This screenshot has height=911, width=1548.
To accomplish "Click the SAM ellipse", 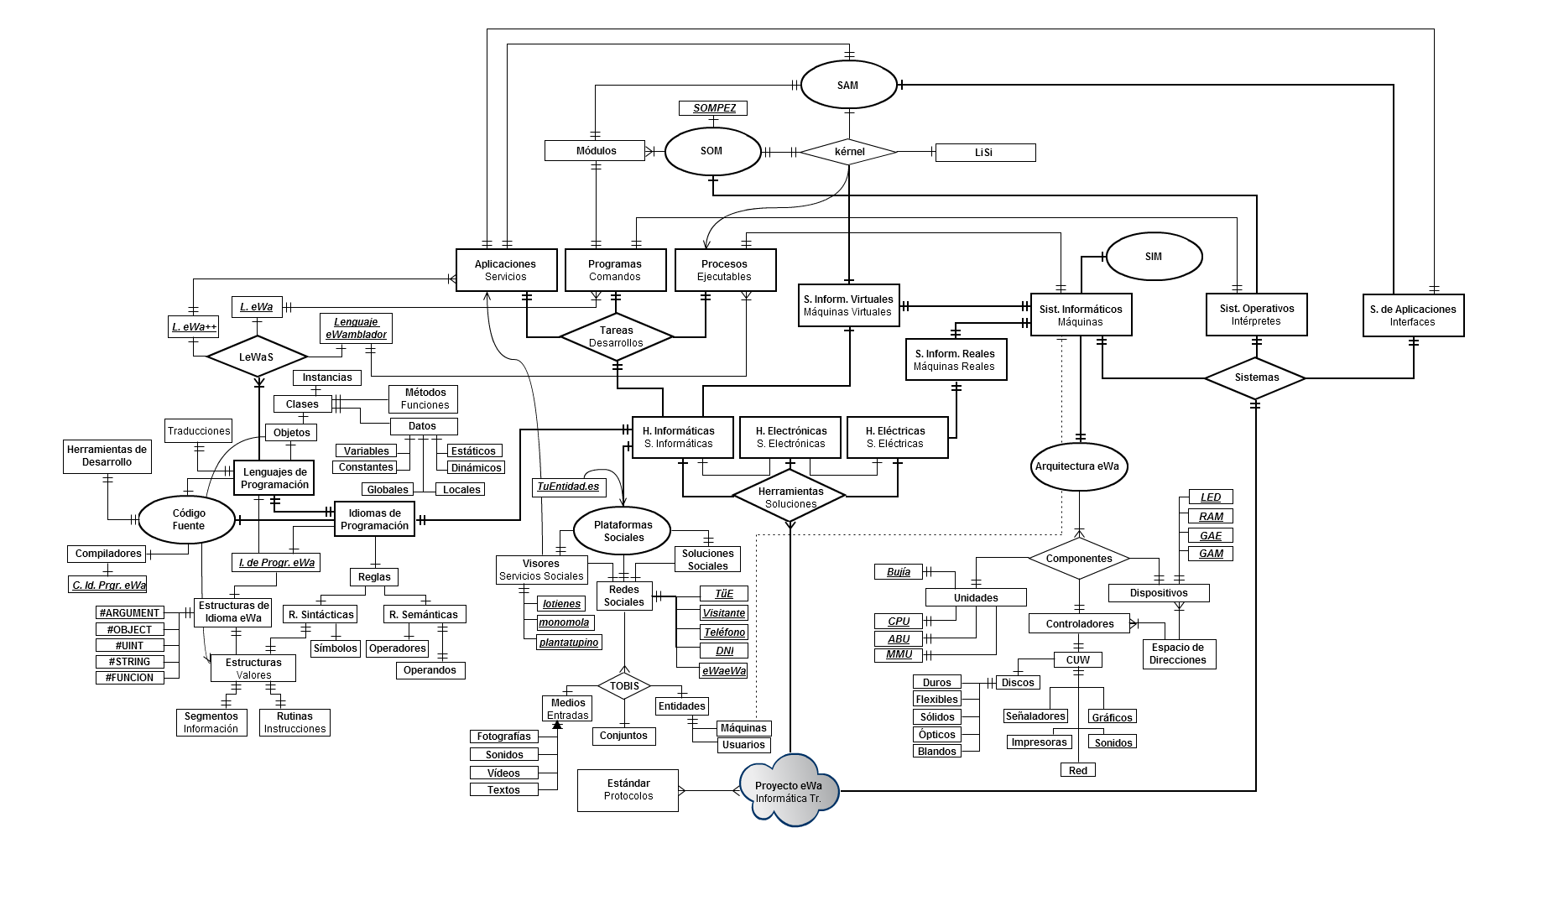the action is tap(847, 85).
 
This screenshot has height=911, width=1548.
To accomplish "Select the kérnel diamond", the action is tap(849, 152).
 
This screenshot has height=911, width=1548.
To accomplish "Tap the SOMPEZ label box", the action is tap(713, 108).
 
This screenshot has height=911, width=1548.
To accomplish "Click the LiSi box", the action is tap(985, 153).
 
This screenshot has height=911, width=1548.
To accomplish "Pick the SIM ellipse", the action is tap(1154, 257).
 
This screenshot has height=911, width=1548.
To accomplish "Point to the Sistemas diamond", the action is tap(1255, 377).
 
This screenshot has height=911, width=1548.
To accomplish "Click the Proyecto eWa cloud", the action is tap(789, 791).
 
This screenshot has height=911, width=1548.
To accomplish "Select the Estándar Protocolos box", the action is tap(628, 790).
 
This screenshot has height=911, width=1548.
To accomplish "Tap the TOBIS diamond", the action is tap(624, 686).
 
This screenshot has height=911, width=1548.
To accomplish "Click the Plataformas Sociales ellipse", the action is tap(623, 531).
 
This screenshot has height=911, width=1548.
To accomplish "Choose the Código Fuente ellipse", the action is tap(188, 519).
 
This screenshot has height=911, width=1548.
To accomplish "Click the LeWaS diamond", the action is tap(257, 357).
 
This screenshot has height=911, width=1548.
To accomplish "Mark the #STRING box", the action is tap(130, 662).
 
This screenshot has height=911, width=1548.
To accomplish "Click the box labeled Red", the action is tap(1078, 770).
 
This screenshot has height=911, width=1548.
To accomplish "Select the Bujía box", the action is tap(899, 572).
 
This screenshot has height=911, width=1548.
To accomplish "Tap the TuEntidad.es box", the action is tap(569, 487).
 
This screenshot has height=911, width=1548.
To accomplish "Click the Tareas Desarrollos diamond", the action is tap(617, 336).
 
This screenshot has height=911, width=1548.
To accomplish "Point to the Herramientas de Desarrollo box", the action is tap(107, 456).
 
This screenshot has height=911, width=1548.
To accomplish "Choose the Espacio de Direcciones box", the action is tap(1179, 653).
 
